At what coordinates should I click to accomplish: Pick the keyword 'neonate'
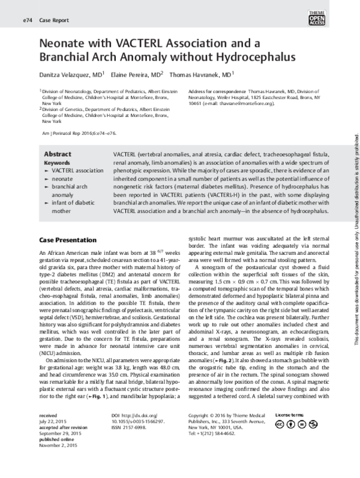62,179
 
